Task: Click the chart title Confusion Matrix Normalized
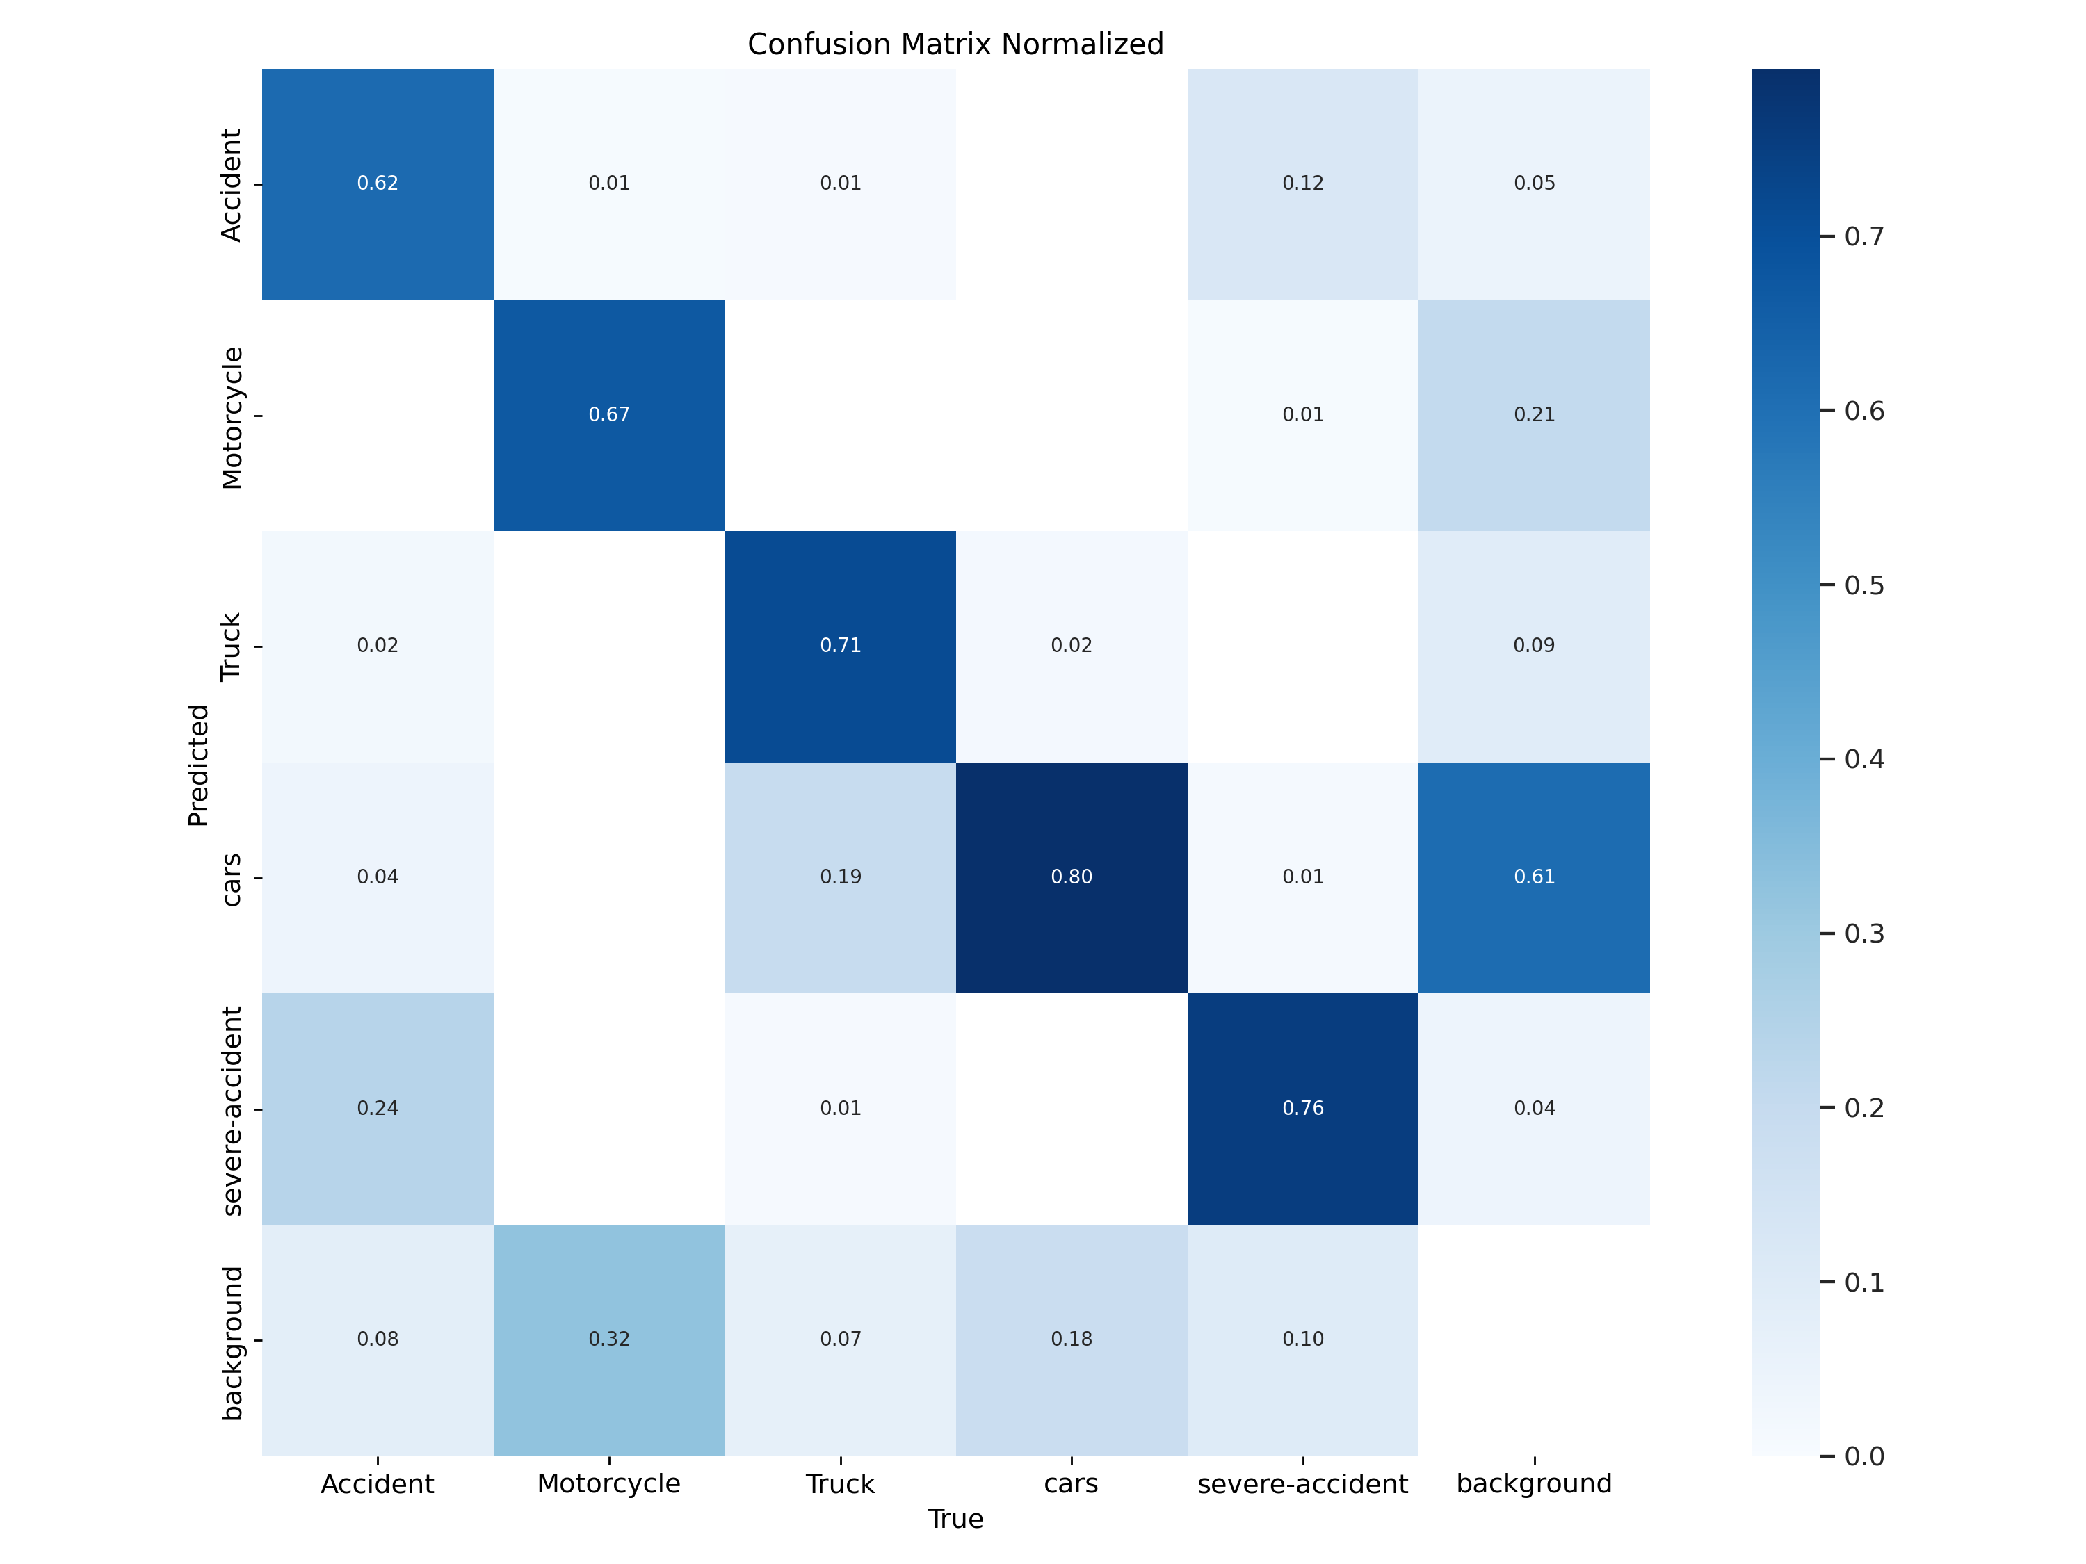tap(955, 44)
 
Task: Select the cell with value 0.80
tap(1072, 877)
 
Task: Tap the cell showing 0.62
tap(377, 183)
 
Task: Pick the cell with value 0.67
tap(609, 415)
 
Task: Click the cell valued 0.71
tap(840, 646)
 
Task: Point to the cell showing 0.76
tap(1302, 1108)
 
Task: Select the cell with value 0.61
tap(1535, 877)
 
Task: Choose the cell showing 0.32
tap(609, 1339)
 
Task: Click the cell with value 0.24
tap(377, 1108)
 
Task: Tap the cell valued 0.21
tap(1535, 415)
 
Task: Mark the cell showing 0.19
tap(840, 877)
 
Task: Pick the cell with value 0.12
tap(1302, 183)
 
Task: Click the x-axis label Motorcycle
tap(609, 1484)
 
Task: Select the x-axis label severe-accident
tap(1302, 1484)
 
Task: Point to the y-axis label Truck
tap(231, 646)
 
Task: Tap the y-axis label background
tap(231, 1342)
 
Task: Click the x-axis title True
tap(955, 1519)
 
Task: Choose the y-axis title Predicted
tap(198, 765)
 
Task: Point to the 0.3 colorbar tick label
tap(1863, 934)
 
